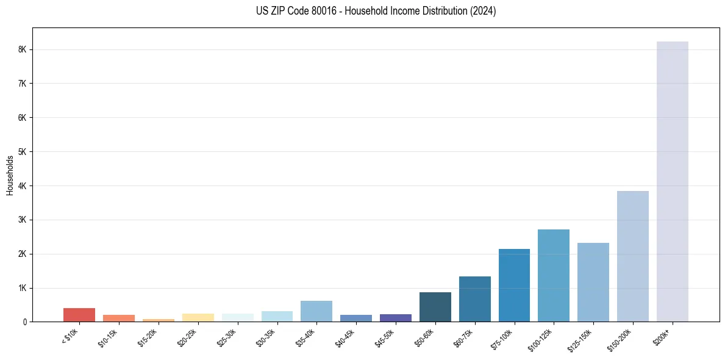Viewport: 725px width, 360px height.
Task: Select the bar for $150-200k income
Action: tap(632, 256)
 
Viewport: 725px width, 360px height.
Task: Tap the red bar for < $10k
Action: tap(79, 315)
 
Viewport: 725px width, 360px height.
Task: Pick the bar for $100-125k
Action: tap(554, 275)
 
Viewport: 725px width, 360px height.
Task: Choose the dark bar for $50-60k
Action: tap(435, 307)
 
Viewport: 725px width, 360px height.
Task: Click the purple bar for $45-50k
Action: tap(395, 318)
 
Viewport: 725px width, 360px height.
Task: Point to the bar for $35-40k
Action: tap(316, 311)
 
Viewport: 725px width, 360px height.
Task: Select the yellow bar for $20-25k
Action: tap(198, 317)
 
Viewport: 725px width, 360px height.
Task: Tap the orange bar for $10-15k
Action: tap(119, 318)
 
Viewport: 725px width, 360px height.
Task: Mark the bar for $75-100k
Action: tap(514, 285)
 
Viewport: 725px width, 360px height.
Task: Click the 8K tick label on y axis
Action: tap(23, 49)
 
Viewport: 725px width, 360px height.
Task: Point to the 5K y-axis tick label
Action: tap(23, 151)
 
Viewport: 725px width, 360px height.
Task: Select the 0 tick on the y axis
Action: tap(26, 322)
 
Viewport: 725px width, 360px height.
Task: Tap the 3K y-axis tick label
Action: tap(23, 220)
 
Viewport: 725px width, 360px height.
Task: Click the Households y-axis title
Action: tap(10, 175)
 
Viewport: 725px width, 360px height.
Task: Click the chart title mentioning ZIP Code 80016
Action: tap(376, 11)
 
